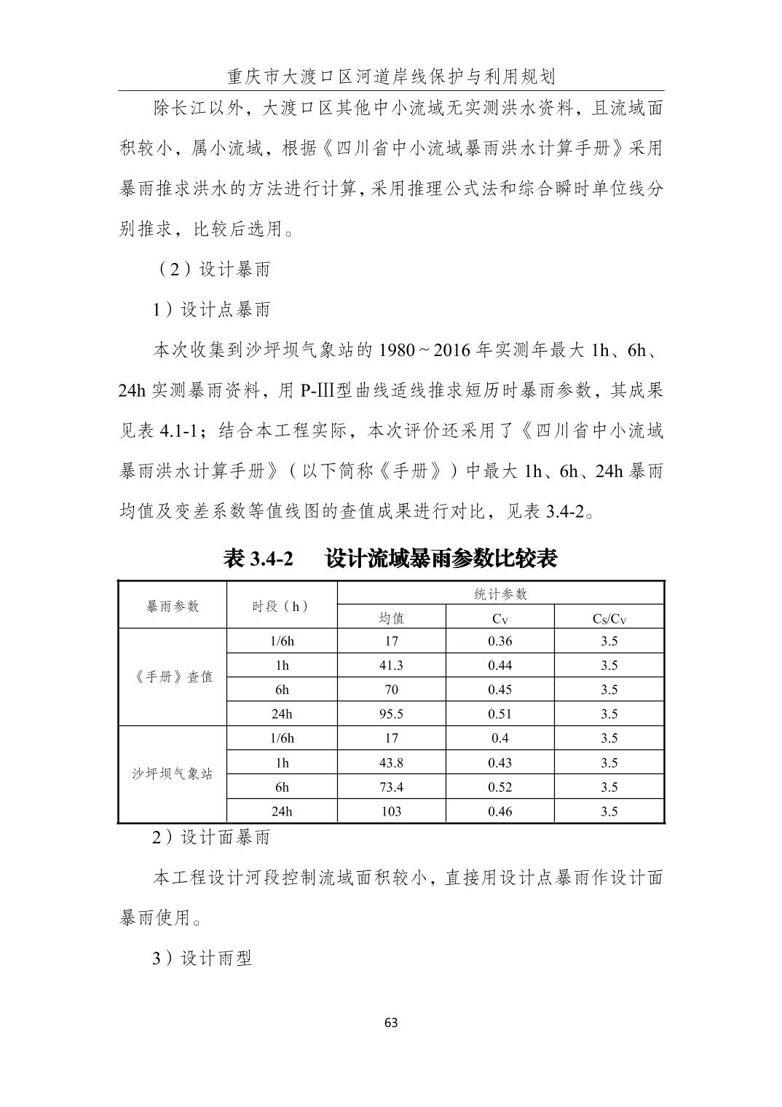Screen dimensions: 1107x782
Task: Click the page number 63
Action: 391,1023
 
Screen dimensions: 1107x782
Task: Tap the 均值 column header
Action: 391,618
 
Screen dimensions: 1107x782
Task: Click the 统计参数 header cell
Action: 500,594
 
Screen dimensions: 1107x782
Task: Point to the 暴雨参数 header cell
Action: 173,606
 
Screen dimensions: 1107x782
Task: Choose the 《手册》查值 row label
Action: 173,677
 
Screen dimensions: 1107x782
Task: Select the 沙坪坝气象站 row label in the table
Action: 173,773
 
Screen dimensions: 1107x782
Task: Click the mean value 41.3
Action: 391,665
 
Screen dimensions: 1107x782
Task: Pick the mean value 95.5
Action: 391,714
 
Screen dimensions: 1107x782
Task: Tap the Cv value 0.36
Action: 499,641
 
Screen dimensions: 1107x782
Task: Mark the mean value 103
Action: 391,811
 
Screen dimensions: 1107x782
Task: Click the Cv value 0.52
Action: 499,787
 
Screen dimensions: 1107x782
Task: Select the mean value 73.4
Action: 391,787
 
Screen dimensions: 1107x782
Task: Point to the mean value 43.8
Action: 391,763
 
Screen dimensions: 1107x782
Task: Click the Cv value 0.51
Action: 499,714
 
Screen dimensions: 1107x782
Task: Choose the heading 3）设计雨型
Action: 202,958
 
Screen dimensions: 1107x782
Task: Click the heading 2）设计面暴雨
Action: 211,838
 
